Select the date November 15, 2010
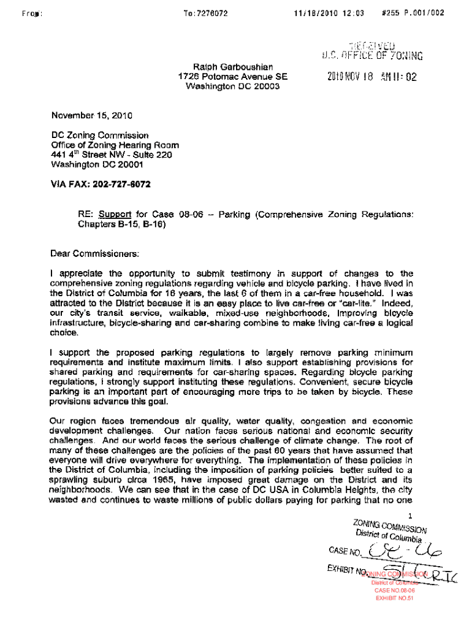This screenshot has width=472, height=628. [x=92, y=115]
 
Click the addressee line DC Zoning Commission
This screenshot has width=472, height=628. [x=99, y=135]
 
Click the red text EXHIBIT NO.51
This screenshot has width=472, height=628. [x=395, y=598]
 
